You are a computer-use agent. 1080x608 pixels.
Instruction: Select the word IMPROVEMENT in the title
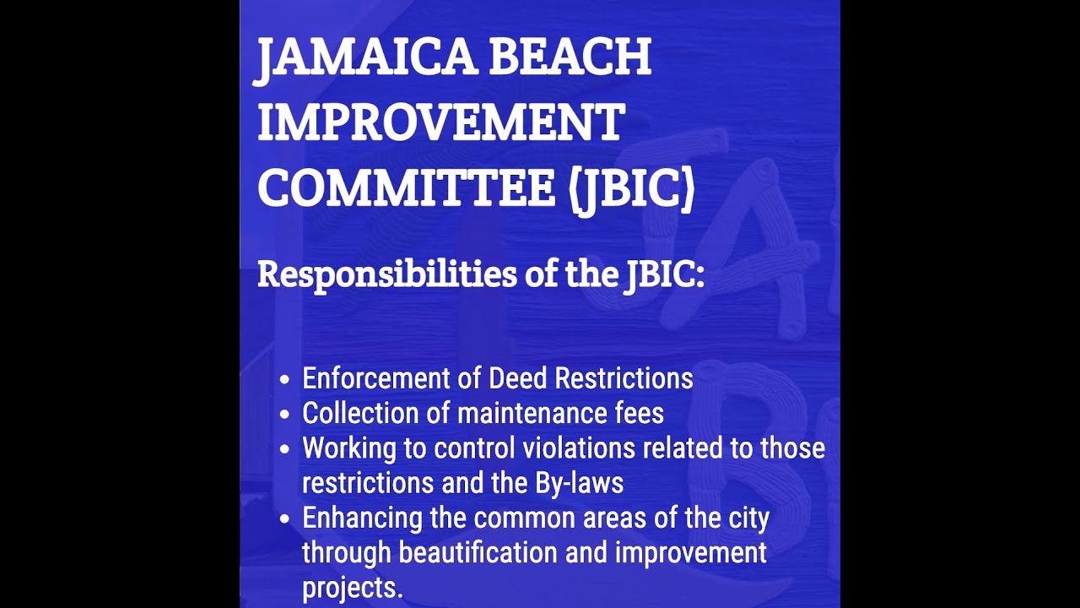(440, 123)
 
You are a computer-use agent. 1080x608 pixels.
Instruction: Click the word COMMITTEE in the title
(406, 189)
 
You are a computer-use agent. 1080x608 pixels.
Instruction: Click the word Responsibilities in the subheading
(387, 274)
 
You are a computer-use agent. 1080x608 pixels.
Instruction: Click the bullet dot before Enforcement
(287, 379)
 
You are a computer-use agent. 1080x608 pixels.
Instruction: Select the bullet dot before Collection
(287, 415)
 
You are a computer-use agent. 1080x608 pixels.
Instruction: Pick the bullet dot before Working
(287, 449)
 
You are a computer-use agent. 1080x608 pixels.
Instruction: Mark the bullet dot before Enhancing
(287, 518)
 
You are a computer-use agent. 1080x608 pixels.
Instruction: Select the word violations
(581, 448)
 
